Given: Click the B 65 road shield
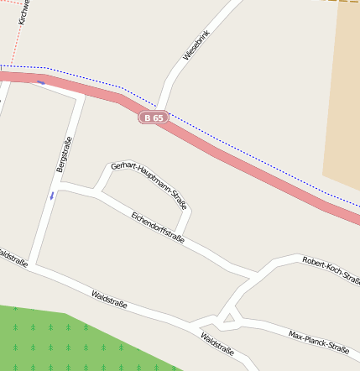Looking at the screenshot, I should point(154,118).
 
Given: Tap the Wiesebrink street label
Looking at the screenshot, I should point(196,45).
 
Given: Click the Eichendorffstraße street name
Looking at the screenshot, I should point(158,227).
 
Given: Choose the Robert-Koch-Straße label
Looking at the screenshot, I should point(331,269).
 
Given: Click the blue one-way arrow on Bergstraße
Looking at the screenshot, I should point(51,196).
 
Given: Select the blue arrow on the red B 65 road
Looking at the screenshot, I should point(40,81).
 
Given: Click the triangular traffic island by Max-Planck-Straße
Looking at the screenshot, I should point(229,318).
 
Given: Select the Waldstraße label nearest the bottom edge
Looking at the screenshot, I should point(217,344).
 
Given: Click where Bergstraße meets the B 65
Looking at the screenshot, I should point(81,95).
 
